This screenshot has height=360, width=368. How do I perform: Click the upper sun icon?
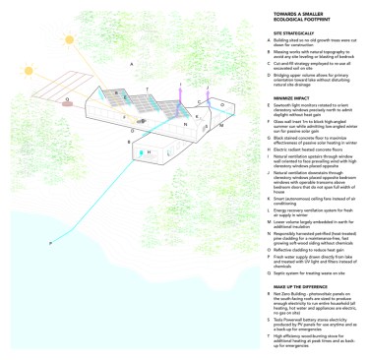(x=70, y=41)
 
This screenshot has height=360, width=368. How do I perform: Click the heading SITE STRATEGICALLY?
(x=277, y=31)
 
